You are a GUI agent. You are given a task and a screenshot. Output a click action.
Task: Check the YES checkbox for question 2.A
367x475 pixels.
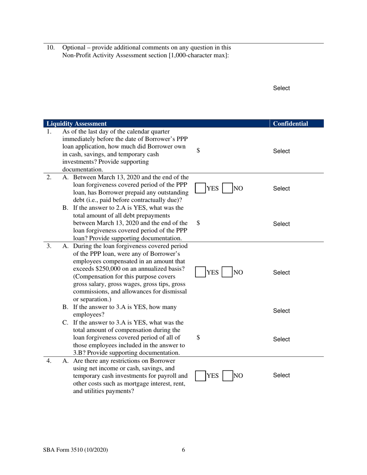[200, 188]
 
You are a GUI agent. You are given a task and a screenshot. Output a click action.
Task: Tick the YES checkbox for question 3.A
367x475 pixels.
[200, 272]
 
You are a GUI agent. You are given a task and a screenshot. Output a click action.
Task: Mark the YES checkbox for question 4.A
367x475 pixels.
[200, 375]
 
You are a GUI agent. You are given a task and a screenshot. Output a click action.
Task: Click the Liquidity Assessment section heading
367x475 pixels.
[76, 124]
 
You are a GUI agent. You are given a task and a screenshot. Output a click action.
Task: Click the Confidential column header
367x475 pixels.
[291, 124]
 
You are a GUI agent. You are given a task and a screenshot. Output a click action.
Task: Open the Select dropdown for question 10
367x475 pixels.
[281, 88]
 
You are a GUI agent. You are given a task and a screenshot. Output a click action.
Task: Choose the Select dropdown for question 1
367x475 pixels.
[281, 151]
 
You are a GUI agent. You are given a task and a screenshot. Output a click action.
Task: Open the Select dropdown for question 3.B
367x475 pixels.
[281, 311]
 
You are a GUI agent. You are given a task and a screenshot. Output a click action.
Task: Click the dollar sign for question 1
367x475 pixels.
[198, 151]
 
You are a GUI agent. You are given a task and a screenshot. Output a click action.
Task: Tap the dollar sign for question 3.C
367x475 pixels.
[198, 337]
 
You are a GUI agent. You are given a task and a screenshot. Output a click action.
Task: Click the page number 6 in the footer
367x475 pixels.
[183, 450]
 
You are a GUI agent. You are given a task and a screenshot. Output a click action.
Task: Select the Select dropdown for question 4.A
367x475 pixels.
[281, 375]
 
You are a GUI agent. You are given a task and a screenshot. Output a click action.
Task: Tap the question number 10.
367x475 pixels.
[50, 48]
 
